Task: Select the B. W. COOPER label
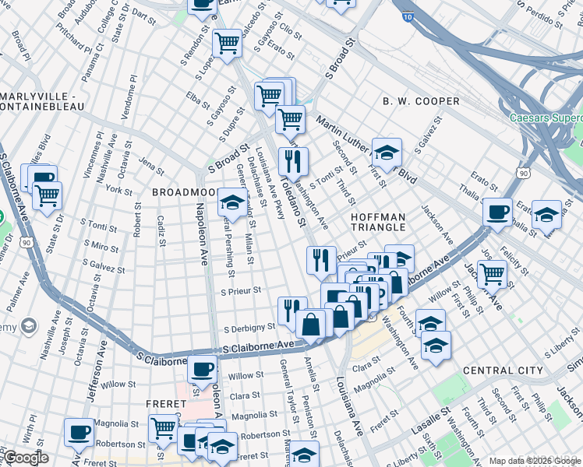pyautogui.click(x=421, y=102)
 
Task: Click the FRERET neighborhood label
pyautogui.click(x=165, y=404)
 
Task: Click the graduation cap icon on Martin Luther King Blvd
pyautogui.click(x=387, y=152)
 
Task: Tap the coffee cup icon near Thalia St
pyautogui.click(x=497, y=212)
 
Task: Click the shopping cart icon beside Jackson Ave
pyautogui.click(x=493, y=274)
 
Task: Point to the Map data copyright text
pyautogui.click(x=535, y=461)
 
